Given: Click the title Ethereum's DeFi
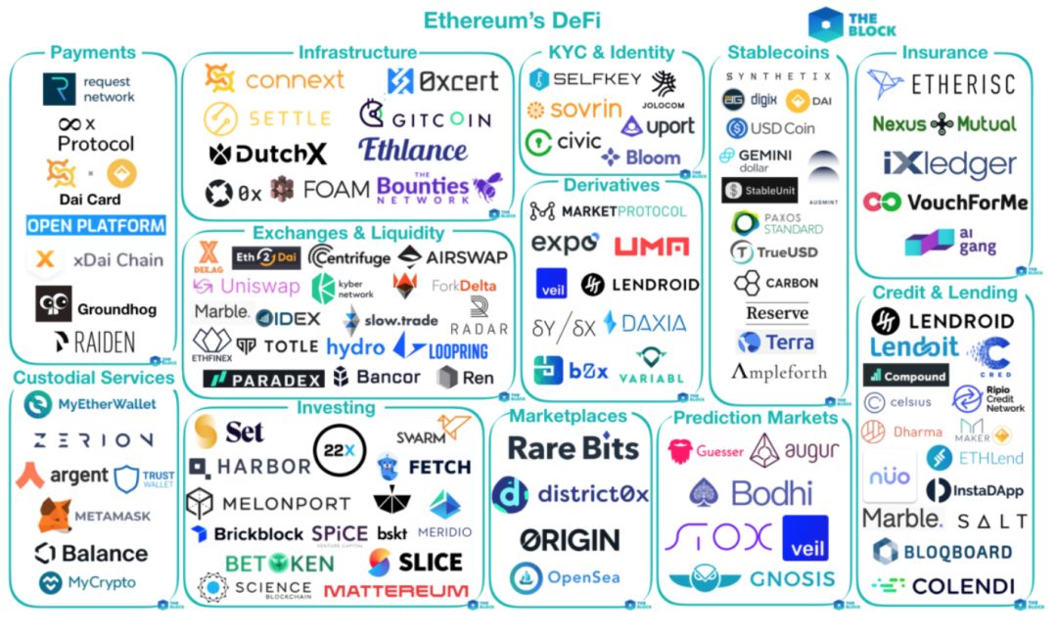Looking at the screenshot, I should coord(511,20).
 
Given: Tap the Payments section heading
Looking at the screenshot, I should coord(93,52).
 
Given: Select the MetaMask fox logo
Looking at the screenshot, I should coord(55,515).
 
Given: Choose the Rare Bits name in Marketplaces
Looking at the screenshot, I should coord(573,448).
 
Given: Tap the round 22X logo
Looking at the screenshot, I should coord(341,451).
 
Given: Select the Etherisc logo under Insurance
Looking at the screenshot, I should coord(942,85).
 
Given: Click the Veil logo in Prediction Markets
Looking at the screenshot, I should coord(804,537).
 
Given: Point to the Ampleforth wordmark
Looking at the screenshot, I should coord(779,372).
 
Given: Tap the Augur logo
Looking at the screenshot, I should coord(794,450).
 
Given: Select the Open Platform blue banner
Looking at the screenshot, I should coord(96,225).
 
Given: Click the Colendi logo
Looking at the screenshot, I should coord(942,586).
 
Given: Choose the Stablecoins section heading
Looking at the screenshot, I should coord(778,52).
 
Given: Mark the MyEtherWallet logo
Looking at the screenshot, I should coord(94,404).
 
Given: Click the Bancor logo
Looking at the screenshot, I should coord(376,377).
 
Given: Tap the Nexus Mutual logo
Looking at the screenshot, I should coord(943,124).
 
